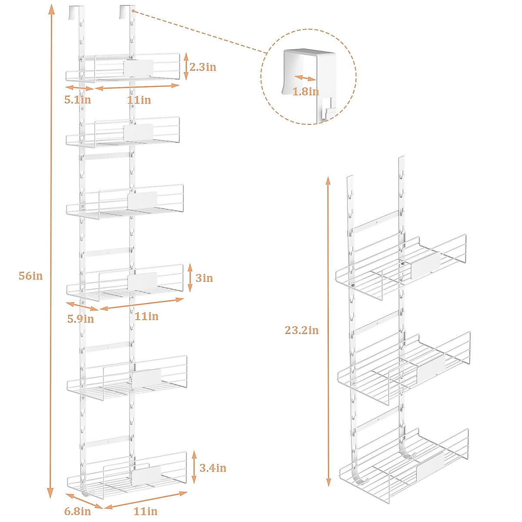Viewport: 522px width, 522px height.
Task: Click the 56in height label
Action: coord(31,276)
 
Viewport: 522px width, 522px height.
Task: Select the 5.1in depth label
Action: coord(77,100)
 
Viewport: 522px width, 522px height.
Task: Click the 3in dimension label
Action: coord(204,278)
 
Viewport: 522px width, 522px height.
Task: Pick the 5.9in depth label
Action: coord(80,319)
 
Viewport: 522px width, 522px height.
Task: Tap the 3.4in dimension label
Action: coord(213,468)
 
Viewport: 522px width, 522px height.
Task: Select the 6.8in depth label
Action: coord(77,512)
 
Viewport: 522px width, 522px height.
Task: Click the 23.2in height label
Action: coord(301,331)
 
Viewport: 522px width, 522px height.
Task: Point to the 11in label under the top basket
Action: coord(139,100)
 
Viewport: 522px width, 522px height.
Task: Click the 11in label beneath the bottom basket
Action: coord(146,512)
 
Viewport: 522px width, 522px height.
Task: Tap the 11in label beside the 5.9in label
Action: coord(147,316)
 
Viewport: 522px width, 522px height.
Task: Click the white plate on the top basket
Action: coord(138,68)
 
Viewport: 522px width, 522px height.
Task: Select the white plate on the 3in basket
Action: coord(142,281)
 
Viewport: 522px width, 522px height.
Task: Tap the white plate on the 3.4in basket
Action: coord(147,475)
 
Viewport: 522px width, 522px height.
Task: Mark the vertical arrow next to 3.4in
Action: coord(194,468)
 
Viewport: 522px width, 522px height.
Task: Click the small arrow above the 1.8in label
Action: coord(304,78)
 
